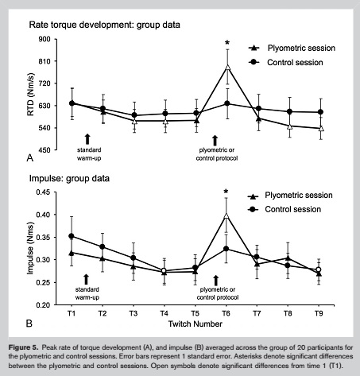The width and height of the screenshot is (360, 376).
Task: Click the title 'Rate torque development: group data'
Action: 104,25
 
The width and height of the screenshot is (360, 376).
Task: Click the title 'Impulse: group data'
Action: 69,178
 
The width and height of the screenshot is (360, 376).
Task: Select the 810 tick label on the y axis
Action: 45,61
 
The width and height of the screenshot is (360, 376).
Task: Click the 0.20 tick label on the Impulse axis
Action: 43,305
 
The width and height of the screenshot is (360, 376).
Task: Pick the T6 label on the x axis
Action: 226,313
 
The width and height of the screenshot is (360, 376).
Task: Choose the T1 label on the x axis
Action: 72,313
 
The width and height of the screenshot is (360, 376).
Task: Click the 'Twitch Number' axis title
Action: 195,324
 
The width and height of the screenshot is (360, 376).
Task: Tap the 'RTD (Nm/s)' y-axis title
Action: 31,95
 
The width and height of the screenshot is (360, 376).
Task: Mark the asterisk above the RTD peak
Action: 227,43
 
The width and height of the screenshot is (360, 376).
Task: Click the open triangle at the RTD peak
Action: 227,68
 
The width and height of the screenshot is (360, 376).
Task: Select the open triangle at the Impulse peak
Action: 226,215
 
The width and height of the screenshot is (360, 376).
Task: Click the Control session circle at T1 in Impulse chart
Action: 72,236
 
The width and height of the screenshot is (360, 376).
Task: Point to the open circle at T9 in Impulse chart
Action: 319,269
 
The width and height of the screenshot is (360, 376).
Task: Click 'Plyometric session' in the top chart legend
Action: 301,48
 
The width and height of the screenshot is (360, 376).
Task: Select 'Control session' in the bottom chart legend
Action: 293,209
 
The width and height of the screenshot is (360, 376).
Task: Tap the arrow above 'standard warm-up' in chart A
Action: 87,139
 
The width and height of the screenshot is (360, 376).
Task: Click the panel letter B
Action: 29,324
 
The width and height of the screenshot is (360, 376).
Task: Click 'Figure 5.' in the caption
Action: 23,347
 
